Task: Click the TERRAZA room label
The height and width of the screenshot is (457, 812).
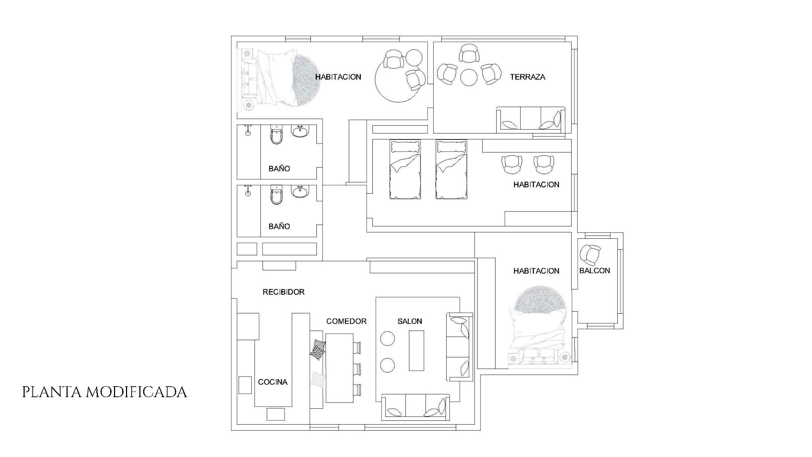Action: (528, 77)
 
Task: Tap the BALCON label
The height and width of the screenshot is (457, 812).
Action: (594, 271)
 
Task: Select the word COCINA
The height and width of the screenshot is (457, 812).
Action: (273, 382)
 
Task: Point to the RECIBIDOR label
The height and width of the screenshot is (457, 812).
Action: (283, 292)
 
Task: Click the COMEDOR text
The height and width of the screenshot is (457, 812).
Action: (346, 321)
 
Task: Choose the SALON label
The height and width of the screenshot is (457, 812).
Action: (410, 321)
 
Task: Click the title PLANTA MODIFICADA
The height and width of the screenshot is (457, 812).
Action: (105, 392)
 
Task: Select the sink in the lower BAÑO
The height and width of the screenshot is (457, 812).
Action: (300, 191)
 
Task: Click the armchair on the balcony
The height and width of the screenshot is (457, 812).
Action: (590, 255)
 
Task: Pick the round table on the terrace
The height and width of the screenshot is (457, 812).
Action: (469, 77)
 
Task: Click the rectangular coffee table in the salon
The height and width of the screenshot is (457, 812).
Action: (416, 351)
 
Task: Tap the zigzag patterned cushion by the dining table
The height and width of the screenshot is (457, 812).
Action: (318, 350)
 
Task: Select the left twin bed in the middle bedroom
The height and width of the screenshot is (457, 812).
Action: (405, 169)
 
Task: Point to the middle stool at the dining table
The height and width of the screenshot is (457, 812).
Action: (357, 369)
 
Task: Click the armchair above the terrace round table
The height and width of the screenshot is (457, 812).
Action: (469, 53)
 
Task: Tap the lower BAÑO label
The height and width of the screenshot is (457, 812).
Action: (279, 226)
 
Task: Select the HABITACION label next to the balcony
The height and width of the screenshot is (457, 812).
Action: (536, 271)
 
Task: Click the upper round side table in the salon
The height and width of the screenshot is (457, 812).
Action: (387, 339)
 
